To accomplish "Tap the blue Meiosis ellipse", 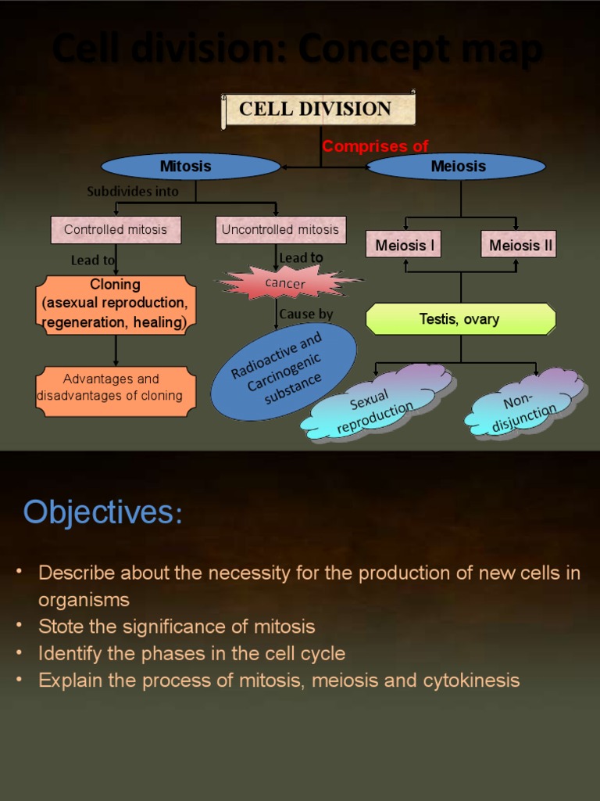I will click(457, 166).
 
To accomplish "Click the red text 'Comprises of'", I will click(376, 146).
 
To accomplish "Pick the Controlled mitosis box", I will click(116, 229).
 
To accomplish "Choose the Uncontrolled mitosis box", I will click(280, 229).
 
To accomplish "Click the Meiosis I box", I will click(405, 245).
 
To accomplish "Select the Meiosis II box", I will click(520, 245).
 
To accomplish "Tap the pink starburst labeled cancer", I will click(286, 283).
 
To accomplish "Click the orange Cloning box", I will click(116, 304).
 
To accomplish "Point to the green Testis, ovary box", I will click(460, 319).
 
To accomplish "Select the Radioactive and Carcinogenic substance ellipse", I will click(284, 371).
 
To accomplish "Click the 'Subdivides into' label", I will click(133, 191).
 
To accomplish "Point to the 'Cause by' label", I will click(305, 314).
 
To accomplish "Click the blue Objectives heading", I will click(102, 512).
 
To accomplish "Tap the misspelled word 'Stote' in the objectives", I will click(60, 626).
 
